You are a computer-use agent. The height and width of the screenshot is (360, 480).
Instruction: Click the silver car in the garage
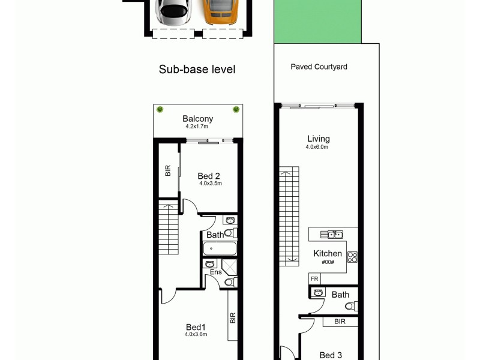tap(173, 11)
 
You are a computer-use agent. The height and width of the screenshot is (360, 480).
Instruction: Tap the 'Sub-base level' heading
tap(197, 70)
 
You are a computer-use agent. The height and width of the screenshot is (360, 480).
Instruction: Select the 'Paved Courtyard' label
tap(319, 67)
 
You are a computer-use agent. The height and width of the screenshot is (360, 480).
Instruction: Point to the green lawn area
tap(318, 22)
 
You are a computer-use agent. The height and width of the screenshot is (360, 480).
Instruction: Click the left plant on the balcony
tap(160, 109)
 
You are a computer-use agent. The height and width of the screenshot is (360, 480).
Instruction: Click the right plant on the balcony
tap(236, 109)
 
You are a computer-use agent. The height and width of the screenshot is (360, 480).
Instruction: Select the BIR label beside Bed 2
tap(168, 171)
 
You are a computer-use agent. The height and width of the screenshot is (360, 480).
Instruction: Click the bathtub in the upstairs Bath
tap(219, 249)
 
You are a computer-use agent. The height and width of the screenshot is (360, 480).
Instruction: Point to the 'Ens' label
tap(215, 272)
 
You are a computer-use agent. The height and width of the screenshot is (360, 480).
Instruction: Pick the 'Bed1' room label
tap(196, 326)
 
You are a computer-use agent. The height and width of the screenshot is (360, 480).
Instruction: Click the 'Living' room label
tap(319, 139)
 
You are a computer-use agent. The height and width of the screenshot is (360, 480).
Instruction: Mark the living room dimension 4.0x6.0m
tap(317, 147)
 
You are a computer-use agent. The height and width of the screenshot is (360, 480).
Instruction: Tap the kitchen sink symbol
tap(331, 234)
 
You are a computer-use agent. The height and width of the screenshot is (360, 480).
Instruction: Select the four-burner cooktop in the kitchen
tap(352, 257)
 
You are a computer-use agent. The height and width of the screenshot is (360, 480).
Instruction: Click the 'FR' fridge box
tap(314, 279)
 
